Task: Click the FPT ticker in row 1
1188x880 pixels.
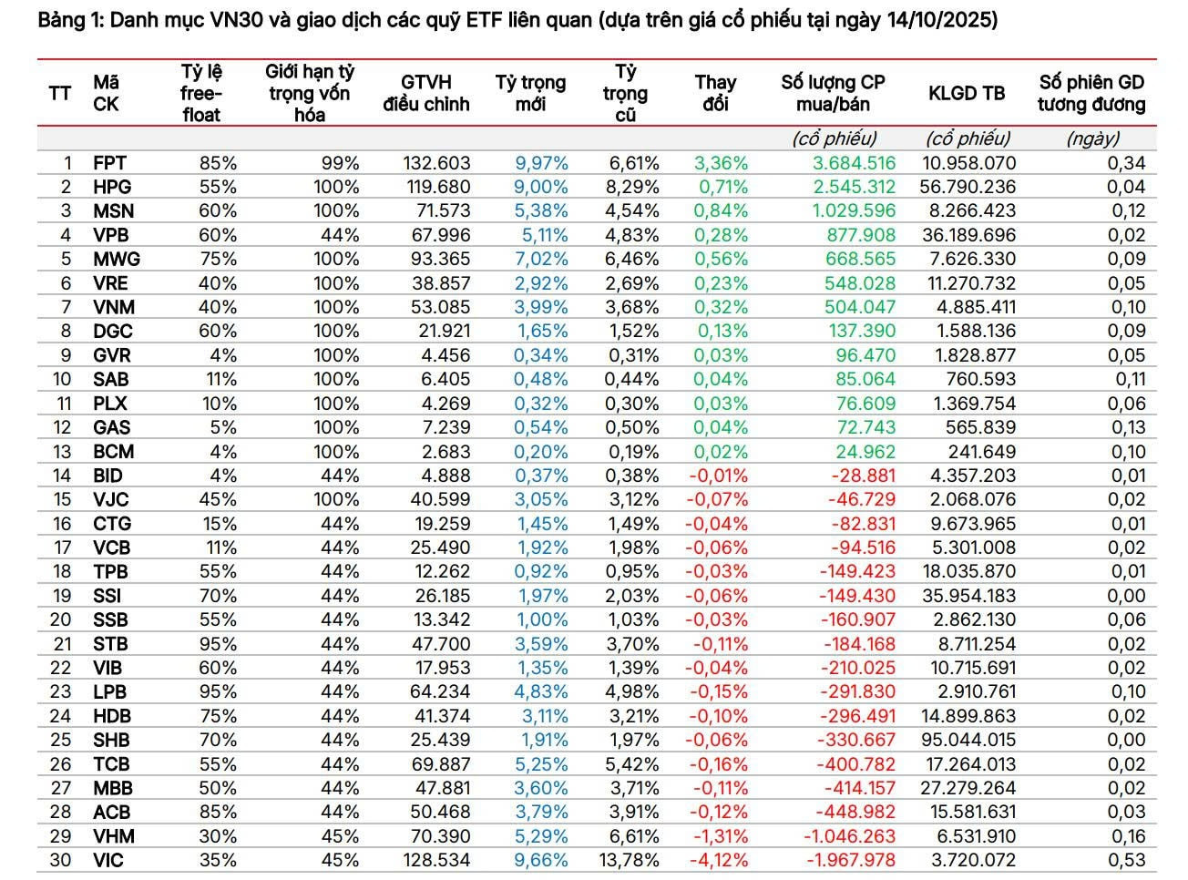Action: (x=109, y=163)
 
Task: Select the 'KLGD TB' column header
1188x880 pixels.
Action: (x=967, y=93)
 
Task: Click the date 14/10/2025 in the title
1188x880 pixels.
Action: (x=940, y=20)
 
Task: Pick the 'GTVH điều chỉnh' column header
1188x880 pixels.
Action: (x=425, y=93)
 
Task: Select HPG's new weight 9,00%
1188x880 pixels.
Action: (x=541, y=187)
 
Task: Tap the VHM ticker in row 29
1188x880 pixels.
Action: (x=113, y=836)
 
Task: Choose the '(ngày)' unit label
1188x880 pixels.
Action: (x=1092, y=138)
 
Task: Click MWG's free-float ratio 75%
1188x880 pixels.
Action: (x=219, y=259)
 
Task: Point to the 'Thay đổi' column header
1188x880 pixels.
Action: (x=715, y=93)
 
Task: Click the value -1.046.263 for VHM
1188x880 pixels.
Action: (x=849, y=836)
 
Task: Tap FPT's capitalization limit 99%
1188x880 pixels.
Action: (x=340, y=163)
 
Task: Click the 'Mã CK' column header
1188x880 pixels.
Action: (x=106, y=93)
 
